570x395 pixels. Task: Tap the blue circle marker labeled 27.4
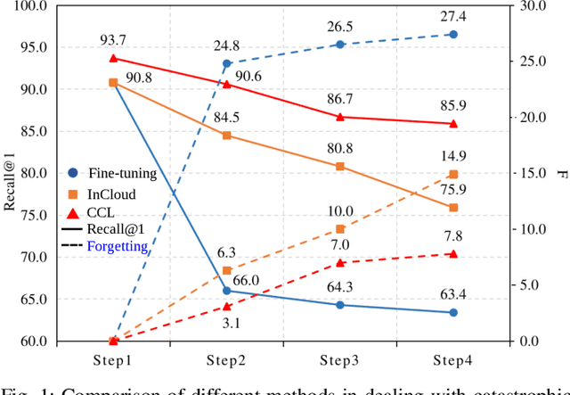452,34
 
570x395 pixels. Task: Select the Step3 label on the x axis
339,359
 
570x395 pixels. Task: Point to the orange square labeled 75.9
452,208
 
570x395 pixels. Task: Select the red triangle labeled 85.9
452,124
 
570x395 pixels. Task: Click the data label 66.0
246,281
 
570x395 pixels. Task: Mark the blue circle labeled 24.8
226,64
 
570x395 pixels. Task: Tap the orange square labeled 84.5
226,136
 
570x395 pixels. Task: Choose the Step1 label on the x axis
114,359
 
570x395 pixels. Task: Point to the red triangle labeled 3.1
226,306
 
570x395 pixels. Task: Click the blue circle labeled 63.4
452,312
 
